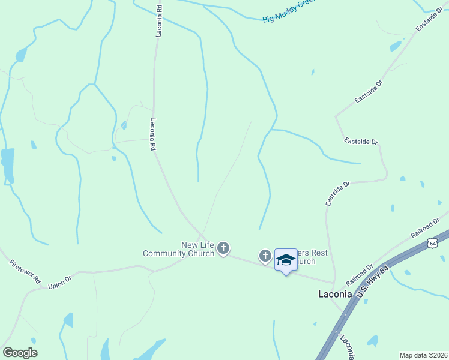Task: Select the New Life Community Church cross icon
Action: (223, 248)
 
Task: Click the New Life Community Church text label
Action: (178, 249)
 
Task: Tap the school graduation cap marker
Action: (286, 260)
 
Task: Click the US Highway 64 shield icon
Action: (432, 242)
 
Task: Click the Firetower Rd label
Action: (25, 271)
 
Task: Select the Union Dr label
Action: (60, 283)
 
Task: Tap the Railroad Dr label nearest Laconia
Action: (360, 275)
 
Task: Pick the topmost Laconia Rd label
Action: (160, 22)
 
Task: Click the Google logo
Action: (20, 353)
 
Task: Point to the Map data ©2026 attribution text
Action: (423, 355)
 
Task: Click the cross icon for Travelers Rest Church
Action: (265, 256)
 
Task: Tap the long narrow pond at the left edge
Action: (7, 165)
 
